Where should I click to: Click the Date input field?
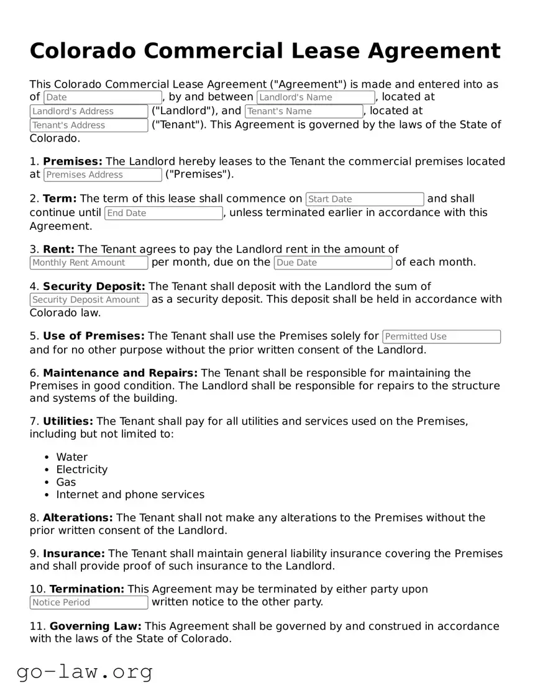[x=103, y=97]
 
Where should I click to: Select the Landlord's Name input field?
[x=316, y=97]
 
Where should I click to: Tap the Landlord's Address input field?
[x=89, y=112]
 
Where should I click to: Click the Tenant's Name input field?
[x=304, y=112]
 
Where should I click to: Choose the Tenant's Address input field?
[x=89, y=125]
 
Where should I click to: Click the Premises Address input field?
[x=103, y=175]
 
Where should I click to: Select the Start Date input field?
[x=365, y=199]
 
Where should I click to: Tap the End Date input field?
[x=163, y=213]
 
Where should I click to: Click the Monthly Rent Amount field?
[x=89, y=263]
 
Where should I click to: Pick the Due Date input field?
[x=333, y=263]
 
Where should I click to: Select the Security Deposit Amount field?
[x=89, y=300]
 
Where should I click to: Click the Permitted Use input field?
[x=441, y=337]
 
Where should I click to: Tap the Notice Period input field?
[x=89, y=602]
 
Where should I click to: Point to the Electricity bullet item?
[x=81, y=469]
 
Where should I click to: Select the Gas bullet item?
[x=66, y=482]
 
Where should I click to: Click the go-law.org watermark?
[x=85, y=672]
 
